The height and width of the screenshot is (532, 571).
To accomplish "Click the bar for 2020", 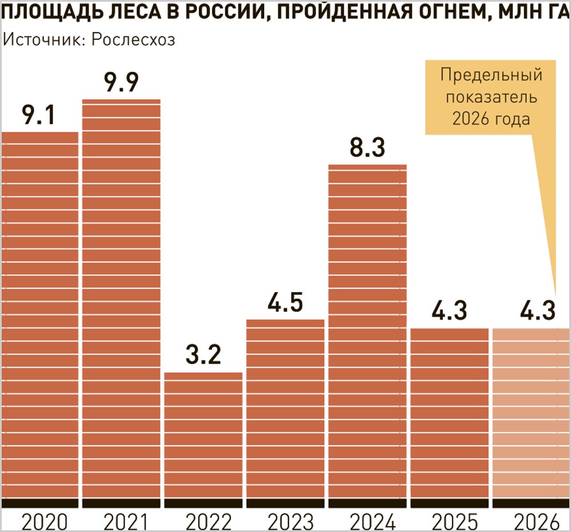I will pos(40,314).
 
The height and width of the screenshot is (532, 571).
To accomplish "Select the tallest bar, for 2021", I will pos(122,297).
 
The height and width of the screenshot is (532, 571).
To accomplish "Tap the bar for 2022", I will pos(203,434).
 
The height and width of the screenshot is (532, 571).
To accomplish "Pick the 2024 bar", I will pos(368,331).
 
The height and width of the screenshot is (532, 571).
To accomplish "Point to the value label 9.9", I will pos(122,83).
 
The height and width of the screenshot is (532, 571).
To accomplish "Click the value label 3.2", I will pos(203,356).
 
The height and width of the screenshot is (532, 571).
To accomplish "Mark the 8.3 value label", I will pos(368,148).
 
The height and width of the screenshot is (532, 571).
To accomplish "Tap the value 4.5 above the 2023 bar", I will pos(285,303).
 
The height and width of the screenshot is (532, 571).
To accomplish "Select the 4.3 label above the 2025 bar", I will pos(450,312).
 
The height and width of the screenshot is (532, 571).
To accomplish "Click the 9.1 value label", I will pos(38,116).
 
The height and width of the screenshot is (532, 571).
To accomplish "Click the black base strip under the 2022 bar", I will pos(203,502).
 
